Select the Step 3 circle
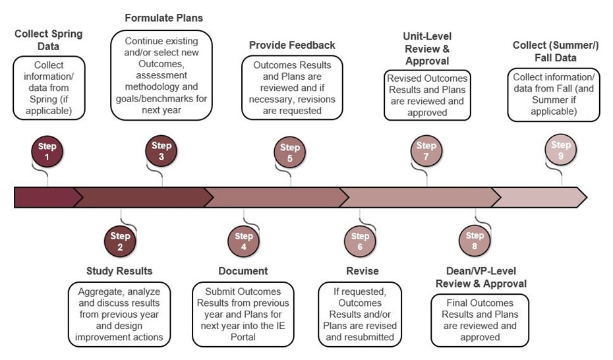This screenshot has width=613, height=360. point(161,151)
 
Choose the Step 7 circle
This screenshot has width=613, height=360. point(426,151)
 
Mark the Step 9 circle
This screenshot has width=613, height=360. point(561,151)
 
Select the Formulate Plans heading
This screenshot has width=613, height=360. point(164,18)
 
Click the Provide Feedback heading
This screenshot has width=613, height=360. point(292,45)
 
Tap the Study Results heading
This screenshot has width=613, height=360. point(119,271)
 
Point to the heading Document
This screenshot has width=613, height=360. point(243,271)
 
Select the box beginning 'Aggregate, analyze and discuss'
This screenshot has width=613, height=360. point(119,315)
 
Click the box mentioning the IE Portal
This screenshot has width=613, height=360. point(243,315)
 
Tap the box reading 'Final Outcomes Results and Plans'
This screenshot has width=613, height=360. point(480,320)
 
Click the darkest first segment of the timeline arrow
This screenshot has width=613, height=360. point(46,197)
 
